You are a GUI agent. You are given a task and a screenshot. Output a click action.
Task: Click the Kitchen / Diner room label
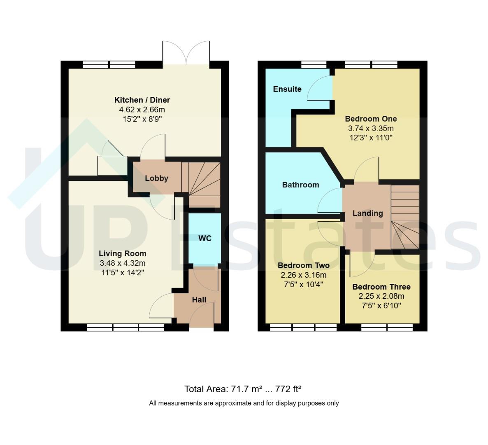[142, 100]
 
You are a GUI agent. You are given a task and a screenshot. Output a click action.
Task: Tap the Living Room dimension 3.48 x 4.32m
[123, 263]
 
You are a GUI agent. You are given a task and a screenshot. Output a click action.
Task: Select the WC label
[205, 239]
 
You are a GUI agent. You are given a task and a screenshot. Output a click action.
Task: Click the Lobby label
[156, 178]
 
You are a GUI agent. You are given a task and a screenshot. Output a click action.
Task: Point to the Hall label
[199, 300]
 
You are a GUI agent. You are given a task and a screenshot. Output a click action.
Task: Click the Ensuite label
[287, 89]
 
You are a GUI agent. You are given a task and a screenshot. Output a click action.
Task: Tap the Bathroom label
[301, 185]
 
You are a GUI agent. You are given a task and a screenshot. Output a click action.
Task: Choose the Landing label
[367, 213]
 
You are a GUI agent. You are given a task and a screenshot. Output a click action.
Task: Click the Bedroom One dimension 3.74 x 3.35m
[371, 128]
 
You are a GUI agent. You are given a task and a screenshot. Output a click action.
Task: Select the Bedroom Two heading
[303, 265]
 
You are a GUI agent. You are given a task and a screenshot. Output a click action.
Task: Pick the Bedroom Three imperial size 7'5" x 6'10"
[381, 305]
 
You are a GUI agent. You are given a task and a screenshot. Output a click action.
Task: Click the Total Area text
[243, 389]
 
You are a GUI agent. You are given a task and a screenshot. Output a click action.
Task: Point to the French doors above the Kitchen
[186, 53]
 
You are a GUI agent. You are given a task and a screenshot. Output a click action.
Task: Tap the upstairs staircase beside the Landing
[405, 217]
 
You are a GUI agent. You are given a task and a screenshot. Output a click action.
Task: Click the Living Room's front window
[125, 327]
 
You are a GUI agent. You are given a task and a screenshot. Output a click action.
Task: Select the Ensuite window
[314, 65]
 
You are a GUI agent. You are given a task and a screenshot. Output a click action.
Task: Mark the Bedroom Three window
[387, 327]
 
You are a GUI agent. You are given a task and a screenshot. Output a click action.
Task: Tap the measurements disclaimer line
[244, 403]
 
